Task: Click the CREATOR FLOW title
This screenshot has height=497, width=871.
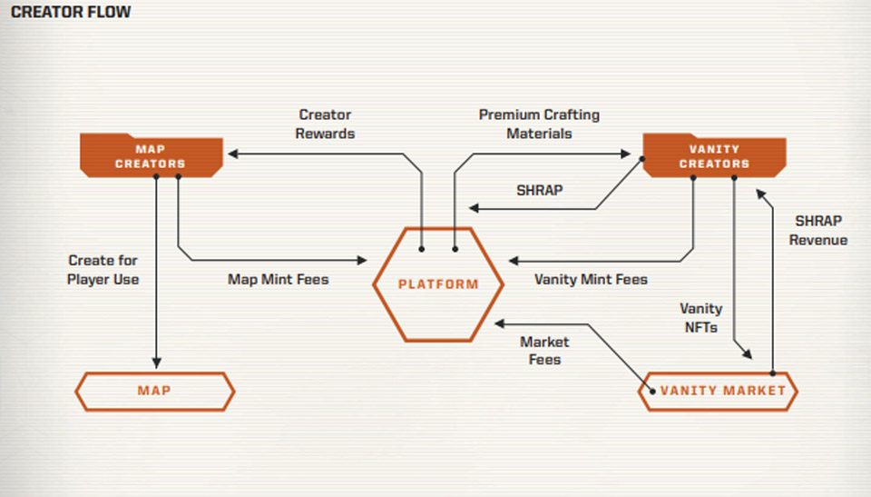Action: coord(71,13)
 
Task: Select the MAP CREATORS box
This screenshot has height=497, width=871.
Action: coord(151,155)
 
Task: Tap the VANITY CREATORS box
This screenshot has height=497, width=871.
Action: coord(714,155)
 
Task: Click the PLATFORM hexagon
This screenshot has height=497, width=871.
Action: coord(438,284)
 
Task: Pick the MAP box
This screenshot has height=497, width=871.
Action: coord(154,391)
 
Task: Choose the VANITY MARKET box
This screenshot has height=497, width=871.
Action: coord(718,391)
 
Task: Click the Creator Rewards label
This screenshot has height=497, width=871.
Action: coord(326,124)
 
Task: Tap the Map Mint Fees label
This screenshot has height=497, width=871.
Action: coord(278,279)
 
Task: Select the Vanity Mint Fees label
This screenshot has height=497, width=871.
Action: coord(591,279)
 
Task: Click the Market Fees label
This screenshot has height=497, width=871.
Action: coord(544,351)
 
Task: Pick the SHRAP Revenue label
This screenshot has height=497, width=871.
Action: coord(817,231)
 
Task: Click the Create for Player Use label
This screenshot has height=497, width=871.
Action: coord(103,270)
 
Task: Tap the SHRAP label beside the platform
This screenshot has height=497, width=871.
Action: coord(539,191)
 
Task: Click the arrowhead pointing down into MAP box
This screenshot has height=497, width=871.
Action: coord(157,363)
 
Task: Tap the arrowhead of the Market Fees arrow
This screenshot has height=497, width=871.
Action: coord(499,322)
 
